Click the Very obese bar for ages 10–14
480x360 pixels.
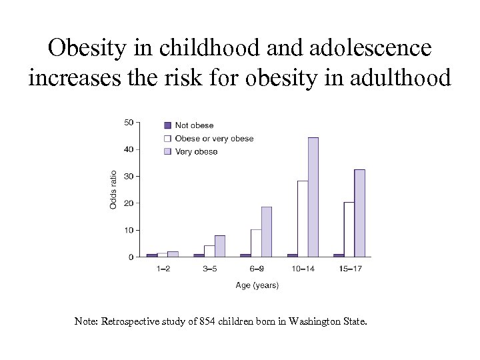click(313, 197)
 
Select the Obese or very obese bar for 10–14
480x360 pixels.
click(303, 219)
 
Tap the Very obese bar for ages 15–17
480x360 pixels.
click(359, 213)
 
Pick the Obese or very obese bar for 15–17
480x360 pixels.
click(349, 229)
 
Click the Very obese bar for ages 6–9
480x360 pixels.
click(266, 231)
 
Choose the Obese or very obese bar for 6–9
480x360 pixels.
click(256, 243)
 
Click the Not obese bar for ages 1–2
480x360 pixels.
click(152, 255)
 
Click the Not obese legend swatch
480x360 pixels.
click(168, 125)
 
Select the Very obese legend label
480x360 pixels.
click(196, 152)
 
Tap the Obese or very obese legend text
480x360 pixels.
click(214, 139)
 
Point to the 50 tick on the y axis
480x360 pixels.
click(129, 122)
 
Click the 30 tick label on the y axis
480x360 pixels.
click(129, 176)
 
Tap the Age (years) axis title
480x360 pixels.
click(257, 285)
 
